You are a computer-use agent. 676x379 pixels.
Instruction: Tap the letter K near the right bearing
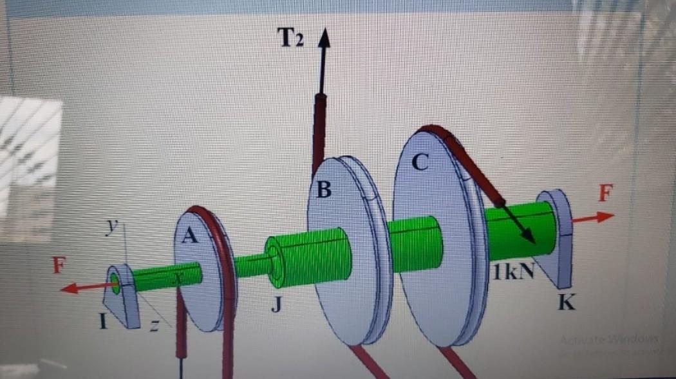[565, 303]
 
